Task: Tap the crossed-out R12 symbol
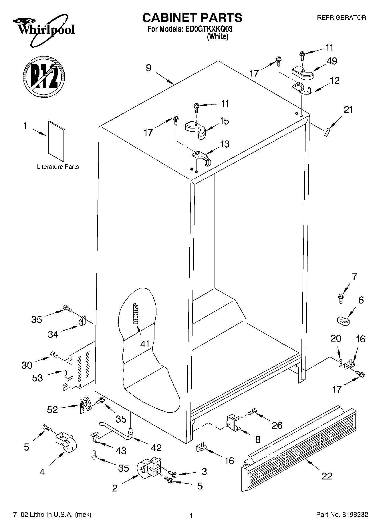click(44, 76)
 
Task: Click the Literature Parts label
click(58, 167)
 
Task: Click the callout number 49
click(332, 61)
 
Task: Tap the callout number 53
click(37, 378)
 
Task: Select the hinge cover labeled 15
click(196, 129)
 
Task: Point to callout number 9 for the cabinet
click(148, 68)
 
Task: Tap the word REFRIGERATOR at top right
click(341, 18)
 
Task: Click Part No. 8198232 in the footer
click(342, 515)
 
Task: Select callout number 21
click(348, 110)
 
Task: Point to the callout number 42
click(156, 447)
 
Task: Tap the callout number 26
click(277, 425)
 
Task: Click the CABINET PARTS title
click(192, 18)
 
